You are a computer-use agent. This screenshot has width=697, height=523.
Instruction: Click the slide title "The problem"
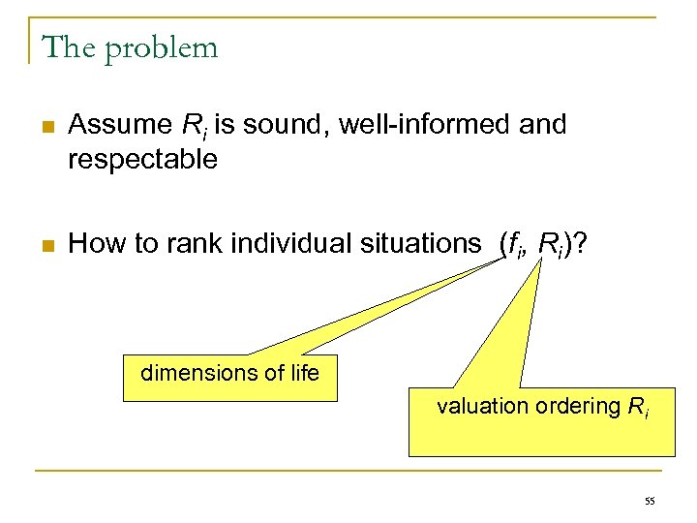click(131, 46)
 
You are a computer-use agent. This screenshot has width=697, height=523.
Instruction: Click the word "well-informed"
click(416, 125)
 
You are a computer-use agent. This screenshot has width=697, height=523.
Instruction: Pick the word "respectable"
click(143, 160)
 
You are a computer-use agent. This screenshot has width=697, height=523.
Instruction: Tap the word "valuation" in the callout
click(481, 406)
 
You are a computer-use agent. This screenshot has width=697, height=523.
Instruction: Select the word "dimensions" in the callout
click(194, 373)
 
